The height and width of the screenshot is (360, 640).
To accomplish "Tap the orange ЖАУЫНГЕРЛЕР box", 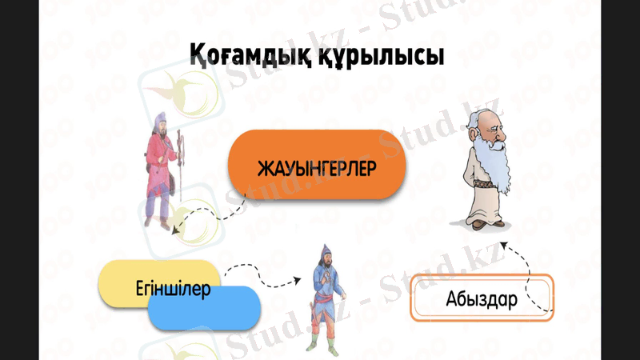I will click(x=317, y=169).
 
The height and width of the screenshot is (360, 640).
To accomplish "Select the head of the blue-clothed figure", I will click(x=325, y=254).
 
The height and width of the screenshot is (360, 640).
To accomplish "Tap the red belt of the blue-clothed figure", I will click(x=323, y=300).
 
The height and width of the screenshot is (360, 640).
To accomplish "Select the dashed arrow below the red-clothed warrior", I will click(x=204, y=214).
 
